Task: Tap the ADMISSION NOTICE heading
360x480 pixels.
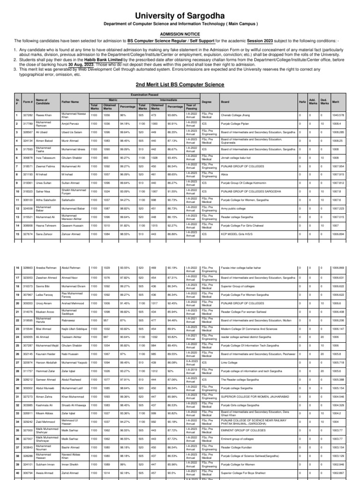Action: (x=180, y=34)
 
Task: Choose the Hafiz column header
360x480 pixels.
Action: (x=301, y=101)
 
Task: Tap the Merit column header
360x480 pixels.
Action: (x=335, y=101)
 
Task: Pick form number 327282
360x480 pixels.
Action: (x=28, y=115)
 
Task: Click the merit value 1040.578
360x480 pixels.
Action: (x=338, y=115)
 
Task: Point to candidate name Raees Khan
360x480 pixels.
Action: (x=43, y=115)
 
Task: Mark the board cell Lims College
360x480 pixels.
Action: (x=229, y=362)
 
